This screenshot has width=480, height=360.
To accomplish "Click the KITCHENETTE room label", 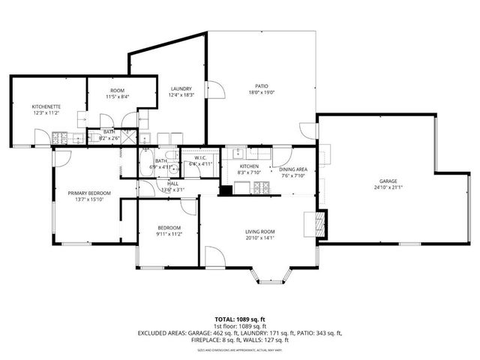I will coord(46,107).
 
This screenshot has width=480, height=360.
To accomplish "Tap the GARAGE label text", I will coord(387,182).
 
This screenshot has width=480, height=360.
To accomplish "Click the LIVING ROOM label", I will coord(260,232).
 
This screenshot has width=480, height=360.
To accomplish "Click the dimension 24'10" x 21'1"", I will coord(387,189).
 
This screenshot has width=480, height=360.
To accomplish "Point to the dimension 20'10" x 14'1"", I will coord(260,239).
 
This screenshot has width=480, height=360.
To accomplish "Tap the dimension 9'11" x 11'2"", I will coord(169,234).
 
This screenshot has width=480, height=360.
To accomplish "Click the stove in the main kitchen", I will coord(259,188).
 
